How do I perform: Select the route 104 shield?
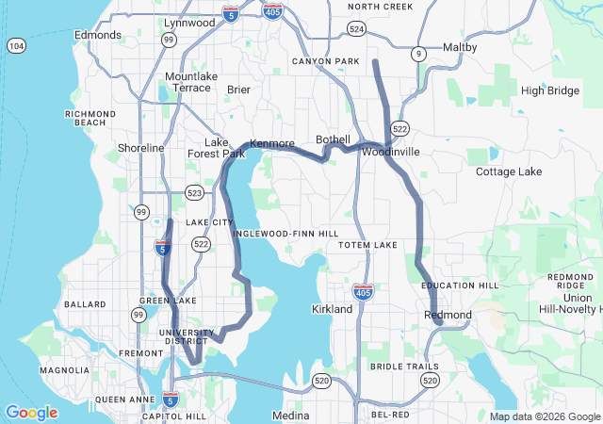click(16, 45)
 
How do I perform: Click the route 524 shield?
click(356, 29)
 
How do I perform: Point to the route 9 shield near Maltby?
click(417, 55)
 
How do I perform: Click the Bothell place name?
click(333, 139)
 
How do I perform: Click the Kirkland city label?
click(332, 309)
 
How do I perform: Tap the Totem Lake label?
click(368, 245)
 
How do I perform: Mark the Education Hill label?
click(460, 285)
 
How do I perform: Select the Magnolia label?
click(64, 370)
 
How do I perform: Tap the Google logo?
click(31, 413)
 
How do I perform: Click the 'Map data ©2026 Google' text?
click(544, 416)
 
